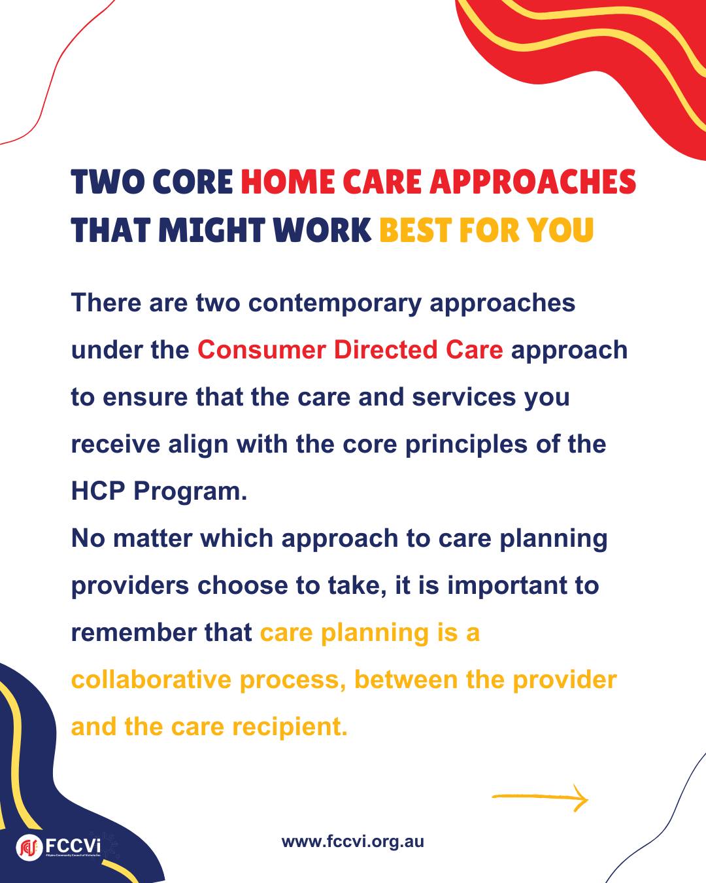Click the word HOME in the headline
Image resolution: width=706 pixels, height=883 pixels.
pos(288,182)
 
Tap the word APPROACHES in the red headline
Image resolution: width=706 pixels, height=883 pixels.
pos(533,182)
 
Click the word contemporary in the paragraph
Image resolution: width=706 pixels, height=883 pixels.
pos(335,304)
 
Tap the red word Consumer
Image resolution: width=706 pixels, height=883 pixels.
pos(261,350)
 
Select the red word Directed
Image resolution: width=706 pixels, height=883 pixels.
pos(386,350)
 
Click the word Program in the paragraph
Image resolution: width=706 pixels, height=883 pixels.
pos(190,493)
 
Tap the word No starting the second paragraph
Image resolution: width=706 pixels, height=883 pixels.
pos(88,538)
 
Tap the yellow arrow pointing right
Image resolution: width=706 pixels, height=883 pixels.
pos(540,797)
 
